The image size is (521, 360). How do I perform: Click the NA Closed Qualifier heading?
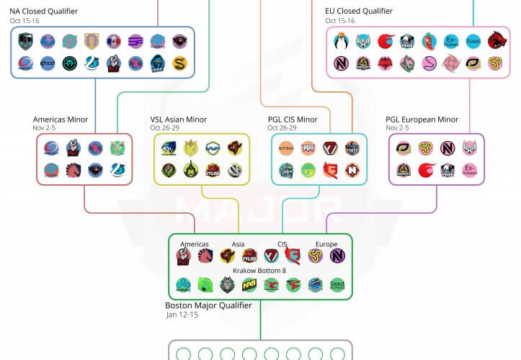tap(43, 12)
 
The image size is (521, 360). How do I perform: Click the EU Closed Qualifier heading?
tap(359, 12)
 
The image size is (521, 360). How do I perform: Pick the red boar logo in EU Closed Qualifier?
tap(496, 41)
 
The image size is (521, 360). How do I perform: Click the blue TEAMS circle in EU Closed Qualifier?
tap(473, 41)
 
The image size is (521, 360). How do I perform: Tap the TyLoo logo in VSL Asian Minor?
tap(211, 171)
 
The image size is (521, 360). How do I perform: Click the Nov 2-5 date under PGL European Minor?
tap(398, 128)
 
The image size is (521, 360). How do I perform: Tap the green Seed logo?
tap(337, 286)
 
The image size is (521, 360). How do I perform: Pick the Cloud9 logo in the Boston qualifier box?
tap(183, 286)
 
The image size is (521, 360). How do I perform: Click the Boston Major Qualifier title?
tap(208, 306)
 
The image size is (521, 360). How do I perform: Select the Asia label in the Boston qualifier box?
tap(238, 244)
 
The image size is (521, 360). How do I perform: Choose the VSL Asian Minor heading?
tap(178, 120)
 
